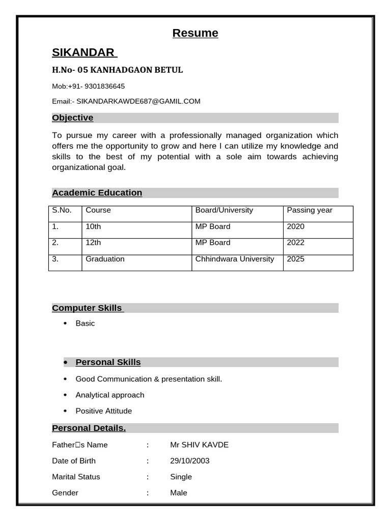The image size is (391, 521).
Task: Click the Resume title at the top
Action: [195, 33]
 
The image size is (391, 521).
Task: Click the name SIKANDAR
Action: [83, 52]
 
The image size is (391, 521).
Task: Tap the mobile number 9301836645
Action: [104, 86]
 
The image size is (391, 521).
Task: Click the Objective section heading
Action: [73, 118]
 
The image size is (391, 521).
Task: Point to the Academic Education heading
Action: [97, 192]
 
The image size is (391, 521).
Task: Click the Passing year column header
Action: [310, 210]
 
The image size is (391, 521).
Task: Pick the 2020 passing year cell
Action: [296, 226]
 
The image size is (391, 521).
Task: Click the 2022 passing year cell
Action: [296, 243]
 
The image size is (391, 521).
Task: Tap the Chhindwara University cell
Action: [235, 259]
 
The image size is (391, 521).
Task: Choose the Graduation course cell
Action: [105, 259]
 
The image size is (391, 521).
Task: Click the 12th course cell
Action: [94, 243]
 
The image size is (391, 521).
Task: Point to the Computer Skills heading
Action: [87, 308]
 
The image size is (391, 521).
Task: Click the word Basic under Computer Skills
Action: [85, 323]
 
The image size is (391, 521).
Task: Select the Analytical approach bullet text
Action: [110, 395]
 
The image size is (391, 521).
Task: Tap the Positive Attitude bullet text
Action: [104, 411]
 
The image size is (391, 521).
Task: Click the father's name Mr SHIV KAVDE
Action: [200, 445]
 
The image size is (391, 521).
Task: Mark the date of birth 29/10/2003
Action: [190, 460]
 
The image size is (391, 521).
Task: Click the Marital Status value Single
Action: [181, 477]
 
